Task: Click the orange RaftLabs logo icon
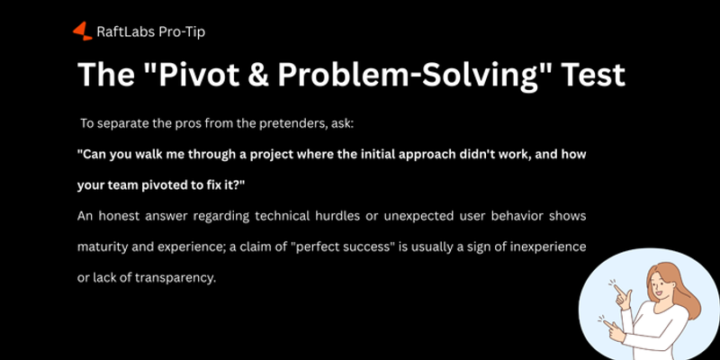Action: point(82,31)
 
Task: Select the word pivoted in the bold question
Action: point(164,184)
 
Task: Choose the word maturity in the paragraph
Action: point(104,247)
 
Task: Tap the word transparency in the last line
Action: point(171,277)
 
